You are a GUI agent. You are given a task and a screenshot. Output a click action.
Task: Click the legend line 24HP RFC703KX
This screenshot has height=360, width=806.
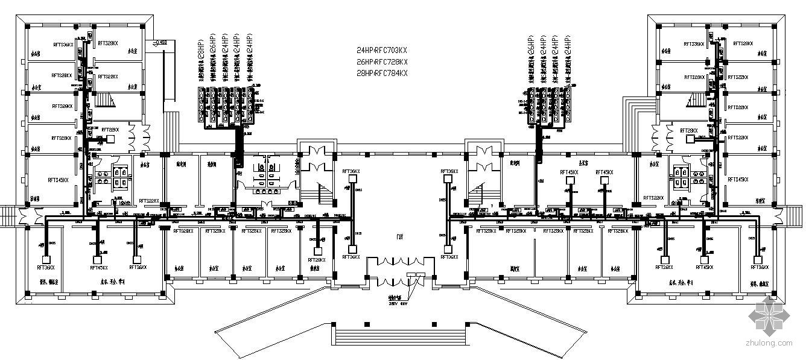tap(382, 51)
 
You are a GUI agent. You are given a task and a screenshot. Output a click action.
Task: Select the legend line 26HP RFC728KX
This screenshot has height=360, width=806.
tap(382, 62)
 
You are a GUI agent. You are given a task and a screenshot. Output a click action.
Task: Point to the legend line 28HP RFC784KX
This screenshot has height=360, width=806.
tap(382, 73)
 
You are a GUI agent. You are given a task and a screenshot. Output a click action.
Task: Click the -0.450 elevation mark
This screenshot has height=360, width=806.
tap(160, 42)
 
